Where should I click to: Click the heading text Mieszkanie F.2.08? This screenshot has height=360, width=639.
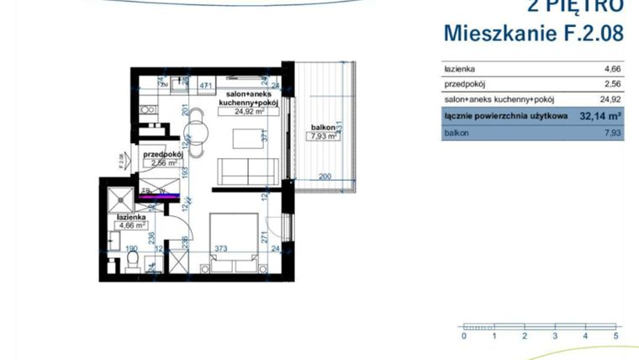tap(533, 34)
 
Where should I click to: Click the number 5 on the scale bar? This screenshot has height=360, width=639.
tap(616, 336)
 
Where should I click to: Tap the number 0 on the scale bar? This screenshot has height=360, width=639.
tap(463, 336)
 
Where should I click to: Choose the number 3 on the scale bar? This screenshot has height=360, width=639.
tap(555, 336)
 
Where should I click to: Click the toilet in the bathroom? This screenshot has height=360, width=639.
tap(131, 262)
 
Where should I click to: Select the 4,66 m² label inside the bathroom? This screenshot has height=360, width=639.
tap(132, 225)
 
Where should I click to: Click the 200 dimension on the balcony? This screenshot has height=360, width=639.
tap(326, 177)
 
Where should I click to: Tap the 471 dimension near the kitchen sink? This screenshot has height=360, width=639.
tap(204, 85)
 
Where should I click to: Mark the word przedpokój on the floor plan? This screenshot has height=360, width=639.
tap(162, 155)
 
